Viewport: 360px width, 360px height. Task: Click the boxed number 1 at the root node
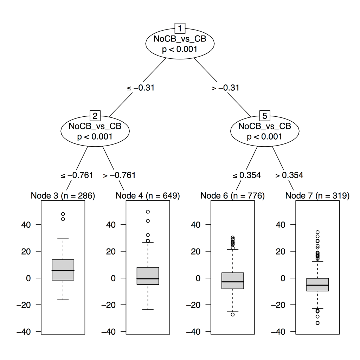coord(180,28)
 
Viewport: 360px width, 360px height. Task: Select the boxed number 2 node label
coord(95,115)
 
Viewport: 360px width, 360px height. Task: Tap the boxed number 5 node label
coord(264,115)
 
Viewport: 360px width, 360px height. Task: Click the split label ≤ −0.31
coord(140,88)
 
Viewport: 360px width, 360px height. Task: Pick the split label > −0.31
coord(225,88)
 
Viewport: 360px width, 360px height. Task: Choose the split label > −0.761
coord(119,175)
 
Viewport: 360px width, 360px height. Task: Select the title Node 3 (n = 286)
coord(63,195)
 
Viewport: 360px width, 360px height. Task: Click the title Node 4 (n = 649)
coord(148,195)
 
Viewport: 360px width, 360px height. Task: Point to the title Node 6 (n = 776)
coord(232,195)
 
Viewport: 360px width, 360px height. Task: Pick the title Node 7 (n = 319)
coord(317,195)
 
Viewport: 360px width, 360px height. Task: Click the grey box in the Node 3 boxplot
coord(63,270)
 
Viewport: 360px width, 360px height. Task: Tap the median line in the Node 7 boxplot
coord(317,285)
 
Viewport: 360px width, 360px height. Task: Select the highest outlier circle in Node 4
coord(148,212)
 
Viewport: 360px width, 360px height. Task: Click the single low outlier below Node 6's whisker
coord(233,314)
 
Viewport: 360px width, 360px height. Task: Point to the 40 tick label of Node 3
coord(30,224)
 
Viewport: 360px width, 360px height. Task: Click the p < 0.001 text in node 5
coord(264,136)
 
